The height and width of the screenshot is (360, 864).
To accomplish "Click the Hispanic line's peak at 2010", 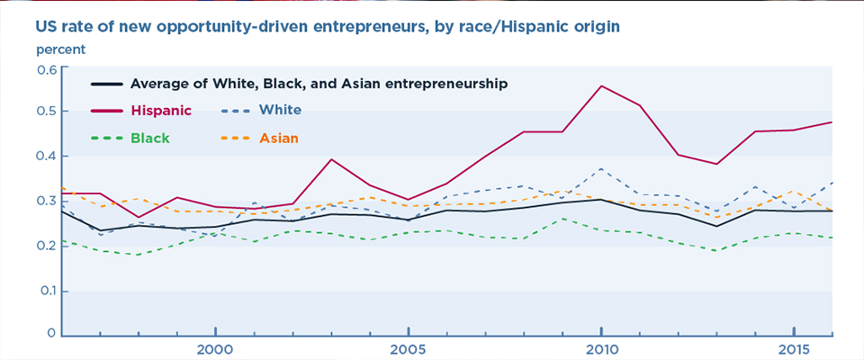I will (601, 86).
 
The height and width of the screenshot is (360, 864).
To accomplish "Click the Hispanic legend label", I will (161, 111).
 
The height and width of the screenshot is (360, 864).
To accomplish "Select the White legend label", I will (279, 111).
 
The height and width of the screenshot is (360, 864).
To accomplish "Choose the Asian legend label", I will (278, 138).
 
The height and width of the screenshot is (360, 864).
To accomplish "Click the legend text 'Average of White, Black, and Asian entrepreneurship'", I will (319, 84).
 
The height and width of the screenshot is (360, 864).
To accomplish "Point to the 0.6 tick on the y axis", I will (47, 69).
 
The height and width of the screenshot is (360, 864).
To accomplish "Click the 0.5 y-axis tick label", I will (47, 112).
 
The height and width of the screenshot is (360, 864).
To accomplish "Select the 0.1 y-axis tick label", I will (47, 292).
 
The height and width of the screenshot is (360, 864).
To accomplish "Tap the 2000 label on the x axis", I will (215, 348).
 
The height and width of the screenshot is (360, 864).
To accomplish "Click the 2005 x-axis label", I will (408, 348).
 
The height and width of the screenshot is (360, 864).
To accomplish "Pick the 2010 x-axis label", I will (601, 348).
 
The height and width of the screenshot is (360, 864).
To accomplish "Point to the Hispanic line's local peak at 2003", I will (331, 159).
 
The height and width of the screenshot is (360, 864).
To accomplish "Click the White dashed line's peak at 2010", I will (601, 168).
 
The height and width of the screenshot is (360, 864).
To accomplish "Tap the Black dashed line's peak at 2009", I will (562, 218).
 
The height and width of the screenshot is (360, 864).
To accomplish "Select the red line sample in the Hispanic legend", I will (108, 111).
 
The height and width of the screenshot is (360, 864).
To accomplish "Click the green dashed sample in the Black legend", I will (108, 138).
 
